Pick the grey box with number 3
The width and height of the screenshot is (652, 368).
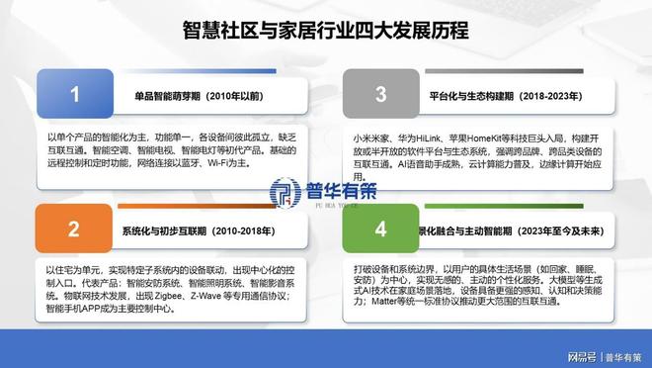[x=381, y=95]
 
